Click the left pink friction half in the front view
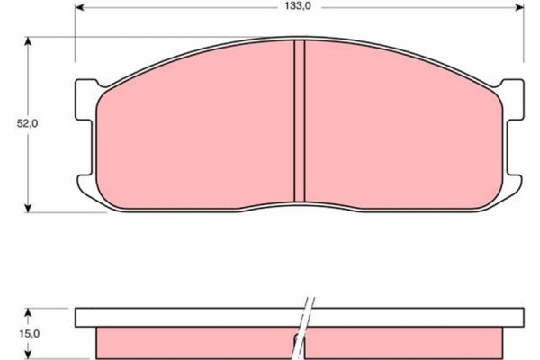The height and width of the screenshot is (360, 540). (193, 135)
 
